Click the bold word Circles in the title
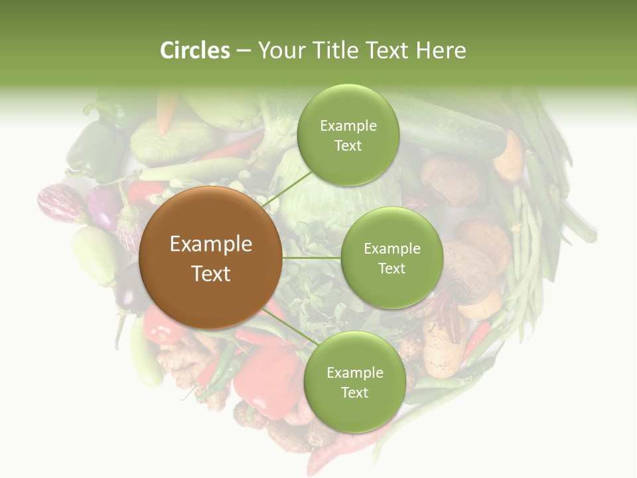click(195, 50)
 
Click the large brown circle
click(212, 258)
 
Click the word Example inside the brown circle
click(211, 244)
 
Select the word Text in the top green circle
click(348, 146)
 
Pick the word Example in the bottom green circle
click(354, 373)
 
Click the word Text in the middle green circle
click(391, 269)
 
